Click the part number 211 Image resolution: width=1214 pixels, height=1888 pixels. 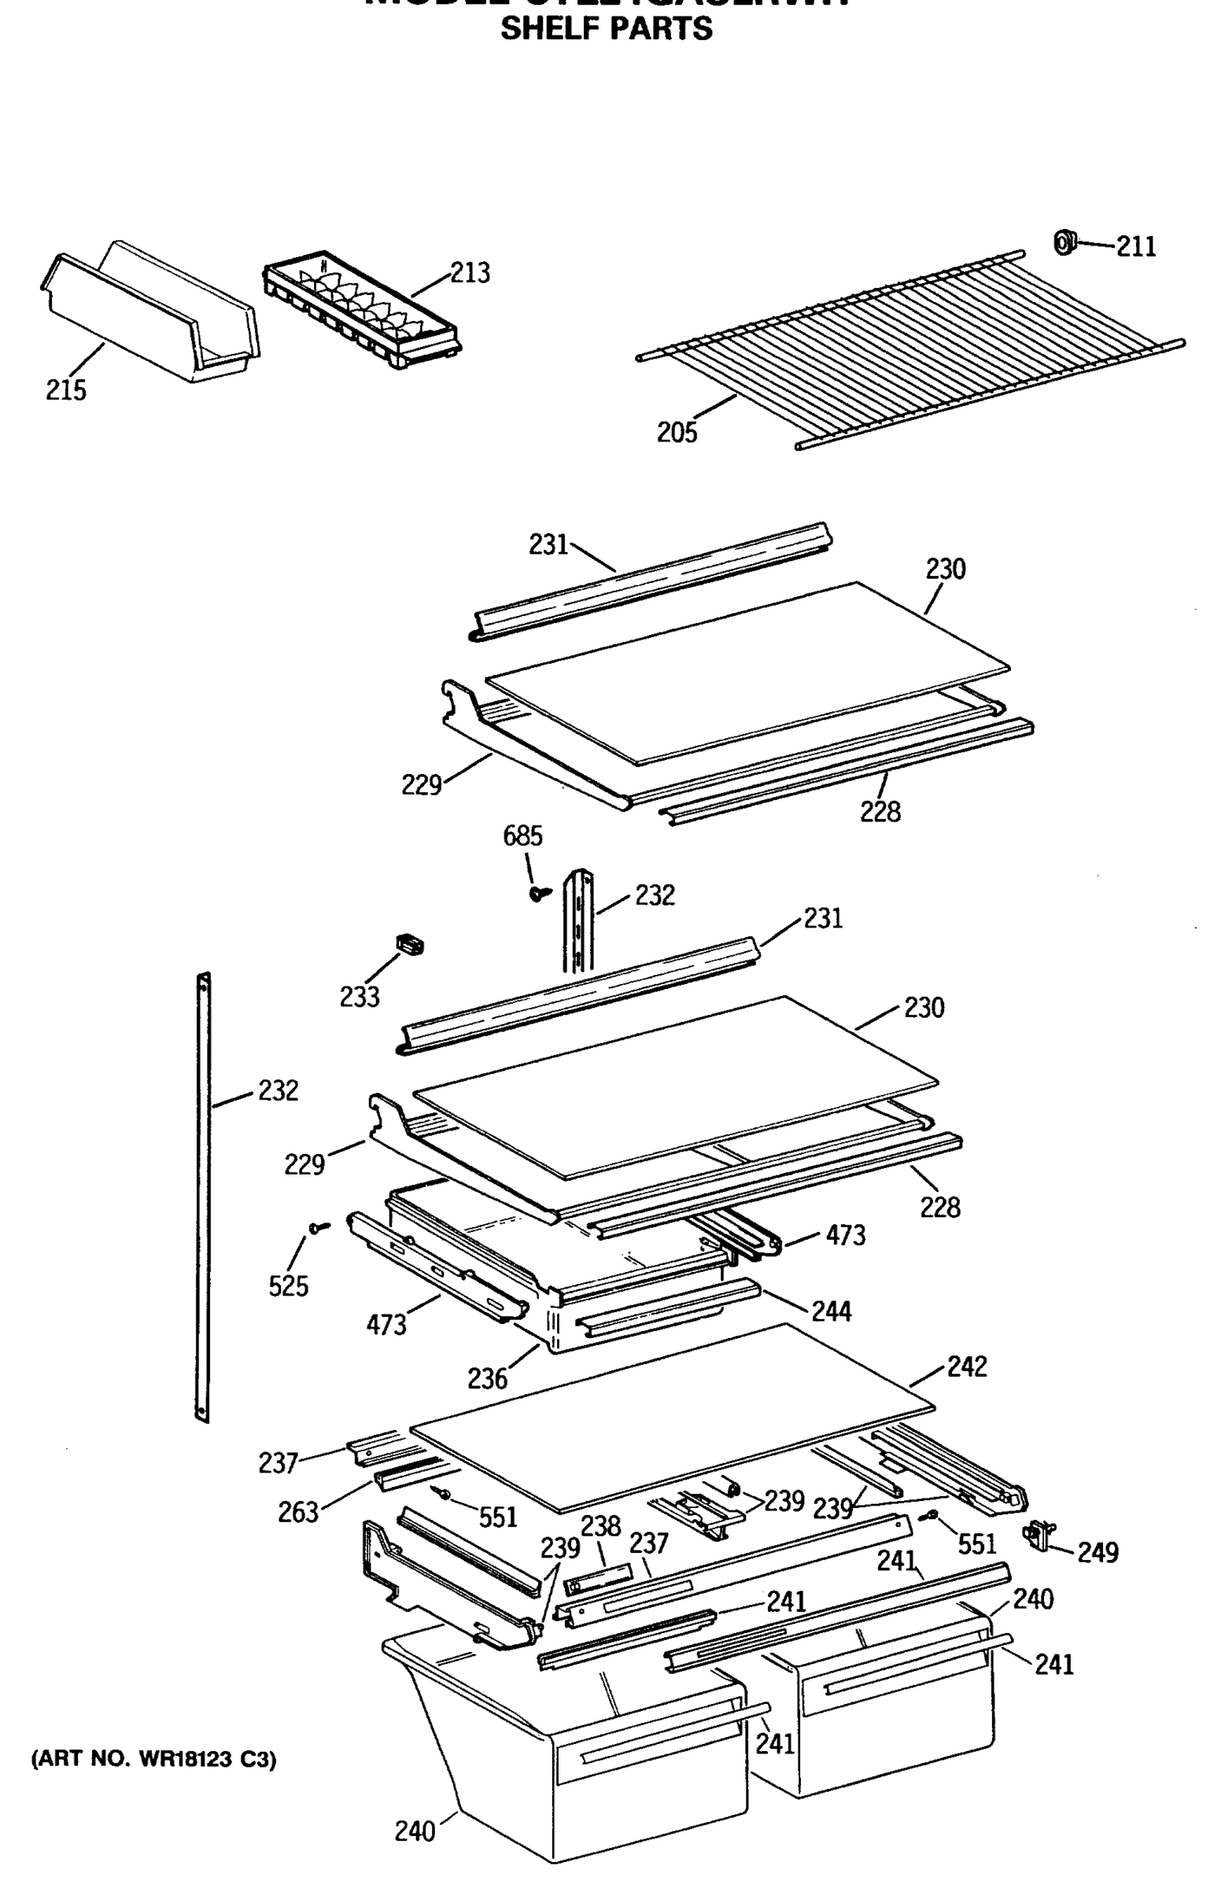1135,248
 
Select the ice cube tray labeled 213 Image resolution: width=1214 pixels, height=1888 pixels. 361,314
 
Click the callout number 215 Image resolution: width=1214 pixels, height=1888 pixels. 65,390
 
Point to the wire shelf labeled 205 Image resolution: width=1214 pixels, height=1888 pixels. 906,347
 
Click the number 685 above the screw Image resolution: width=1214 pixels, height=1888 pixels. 522,836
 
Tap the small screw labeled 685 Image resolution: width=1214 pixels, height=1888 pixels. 538,893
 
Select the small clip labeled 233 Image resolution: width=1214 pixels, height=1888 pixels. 409,943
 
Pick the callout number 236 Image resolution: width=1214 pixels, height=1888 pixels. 486,1378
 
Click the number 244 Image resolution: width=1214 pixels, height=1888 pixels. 831,1311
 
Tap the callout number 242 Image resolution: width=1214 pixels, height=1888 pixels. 966,1366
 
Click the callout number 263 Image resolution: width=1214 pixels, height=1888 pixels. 297,1512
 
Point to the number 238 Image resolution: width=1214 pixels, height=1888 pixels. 600,1526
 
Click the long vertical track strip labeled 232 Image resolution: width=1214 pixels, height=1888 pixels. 204,1198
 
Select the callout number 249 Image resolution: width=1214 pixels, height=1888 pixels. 1098,1552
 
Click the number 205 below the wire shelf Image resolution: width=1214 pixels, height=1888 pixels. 677,433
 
